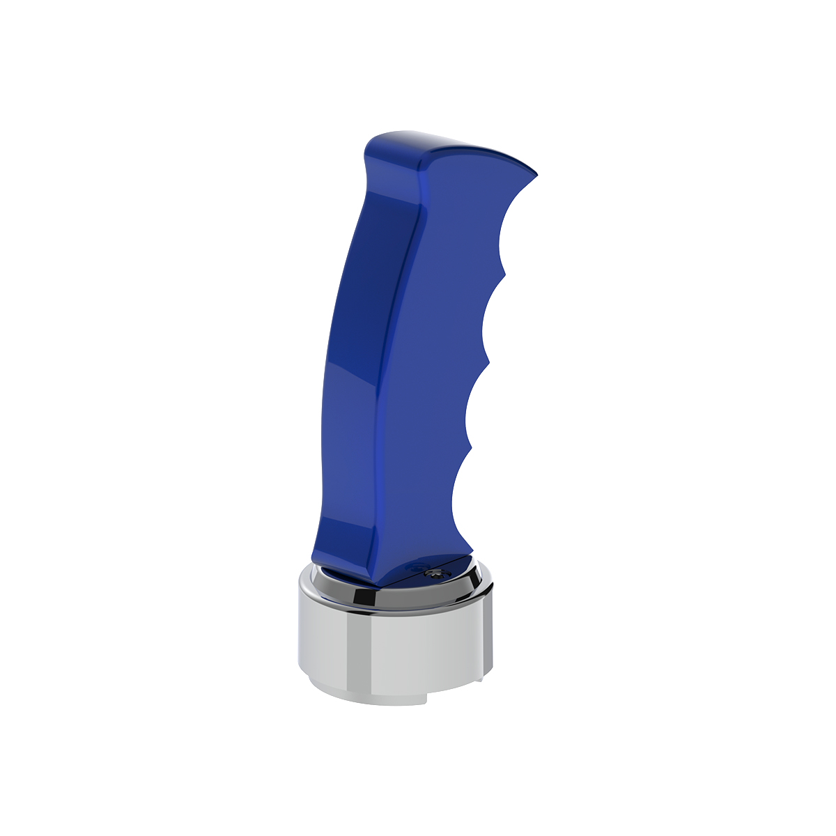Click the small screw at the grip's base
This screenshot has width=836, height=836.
coord(437,572)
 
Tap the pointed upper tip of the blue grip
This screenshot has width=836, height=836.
coord(536,173)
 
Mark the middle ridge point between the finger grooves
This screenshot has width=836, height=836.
coord(488,362)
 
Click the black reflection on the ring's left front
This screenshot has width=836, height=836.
coord(362,597)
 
